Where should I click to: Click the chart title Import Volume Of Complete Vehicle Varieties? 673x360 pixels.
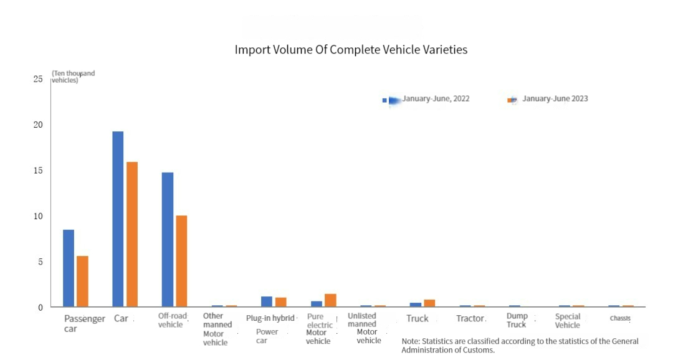(x=351, y=50)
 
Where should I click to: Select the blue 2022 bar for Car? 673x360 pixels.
(x=118, y=219)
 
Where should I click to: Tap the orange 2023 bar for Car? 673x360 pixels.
(x=132, y=234)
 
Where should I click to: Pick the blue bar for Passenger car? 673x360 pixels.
(x=69, y=268)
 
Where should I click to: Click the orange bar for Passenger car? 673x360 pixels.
(x=82, y=282)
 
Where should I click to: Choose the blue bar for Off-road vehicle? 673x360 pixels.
(x=168, y=240)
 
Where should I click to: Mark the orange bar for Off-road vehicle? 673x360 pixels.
(x=181, y=261)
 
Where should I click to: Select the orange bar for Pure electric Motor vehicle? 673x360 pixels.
(x=330, y=300)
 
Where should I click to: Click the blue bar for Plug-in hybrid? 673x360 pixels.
(x=267, y=301)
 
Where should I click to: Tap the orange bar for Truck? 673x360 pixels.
(x=429, y=303)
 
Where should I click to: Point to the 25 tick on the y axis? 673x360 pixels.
(x=39, y=79)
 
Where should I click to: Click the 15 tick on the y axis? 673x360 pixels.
(x=39, y=171)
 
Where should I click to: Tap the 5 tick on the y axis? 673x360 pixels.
(x=40, y=262)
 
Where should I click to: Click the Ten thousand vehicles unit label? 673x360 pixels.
(x=73, y=77)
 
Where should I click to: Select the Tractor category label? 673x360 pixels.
(x=470, y=319)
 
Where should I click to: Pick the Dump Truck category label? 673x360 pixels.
(x=517, y=320)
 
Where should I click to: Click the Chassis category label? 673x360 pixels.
(x=620, y=318)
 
